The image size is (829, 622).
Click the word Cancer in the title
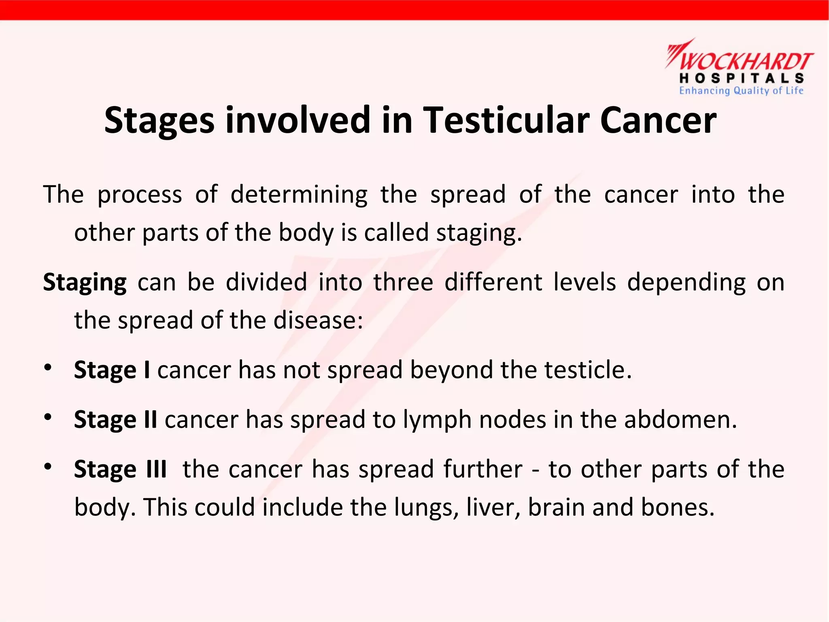[658, 120]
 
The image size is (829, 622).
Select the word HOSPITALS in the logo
[741, 78]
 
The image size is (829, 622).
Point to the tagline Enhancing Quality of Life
[741, 91]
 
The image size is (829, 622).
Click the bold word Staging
[85, 282]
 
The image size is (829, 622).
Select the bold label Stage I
[112, 370]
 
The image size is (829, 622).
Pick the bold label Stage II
[115, 420]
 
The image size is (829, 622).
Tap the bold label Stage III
[120, 469]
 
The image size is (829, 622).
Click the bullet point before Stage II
[48, 417]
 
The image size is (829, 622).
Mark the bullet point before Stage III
[48, 466]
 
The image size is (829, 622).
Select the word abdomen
[680, 420]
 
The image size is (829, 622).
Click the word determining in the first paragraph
[299, 194]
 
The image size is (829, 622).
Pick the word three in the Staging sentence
[403, 282]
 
